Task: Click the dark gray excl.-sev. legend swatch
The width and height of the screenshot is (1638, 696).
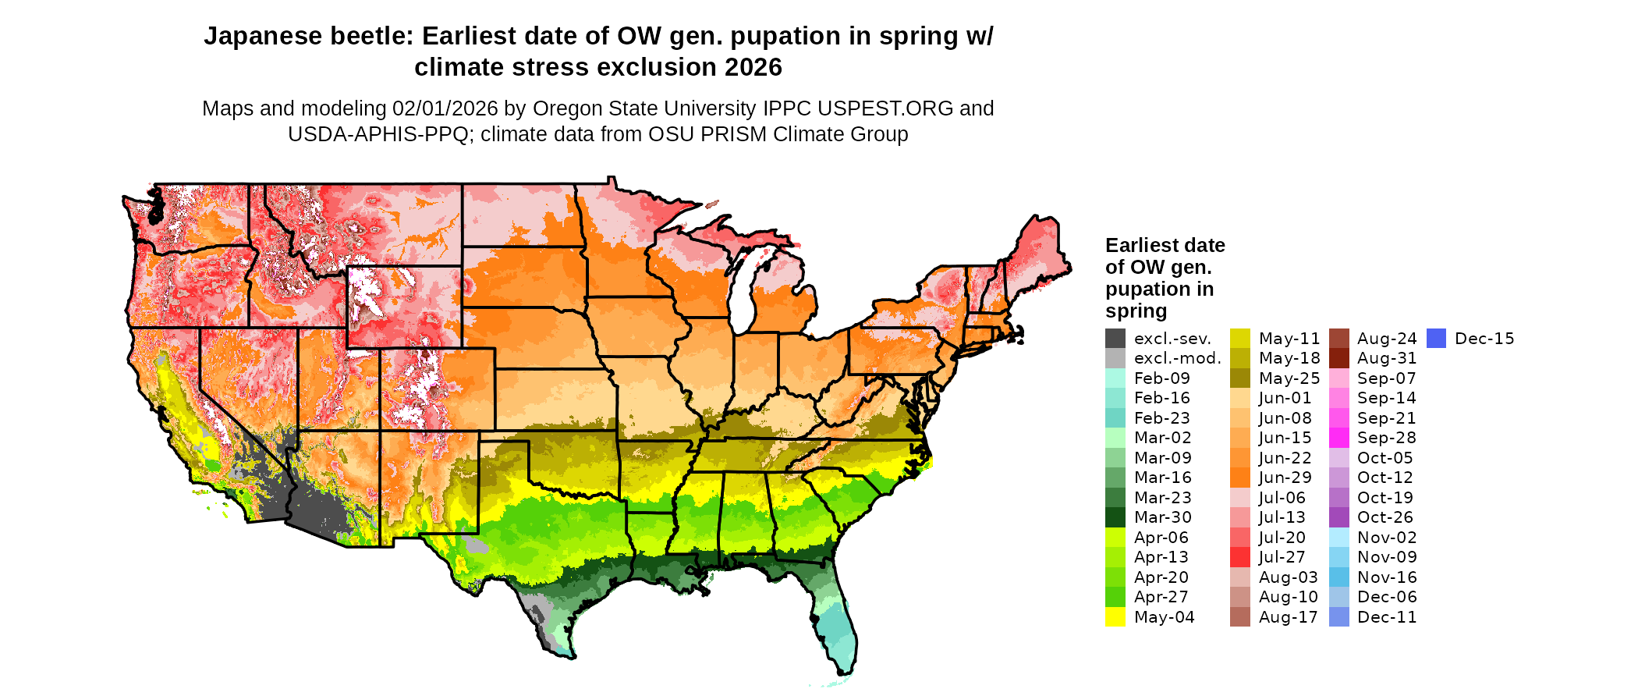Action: click(x=1115, y=339)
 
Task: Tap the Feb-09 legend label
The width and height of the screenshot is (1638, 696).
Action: click(x=1161, y=378)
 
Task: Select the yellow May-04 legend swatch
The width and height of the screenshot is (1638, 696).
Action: click(x=1115, y=617)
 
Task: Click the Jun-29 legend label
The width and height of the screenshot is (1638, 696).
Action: click(x=1285, y=478)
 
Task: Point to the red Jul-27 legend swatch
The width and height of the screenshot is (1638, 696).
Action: click(x=1240, y=557)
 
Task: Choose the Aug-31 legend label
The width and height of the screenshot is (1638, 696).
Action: click(x=1386, y=358)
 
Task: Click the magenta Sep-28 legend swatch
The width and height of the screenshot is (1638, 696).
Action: click(x=1338, y=438)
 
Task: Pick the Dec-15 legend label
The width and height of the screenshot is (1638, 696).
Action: click(x=1484, y=339)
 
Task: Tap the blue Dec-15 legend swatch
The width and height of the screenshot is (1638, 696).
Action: click(x=1436, y=339)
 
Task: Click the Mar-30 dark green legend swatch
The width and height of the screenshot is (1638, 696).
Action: click(x=1115, y=517)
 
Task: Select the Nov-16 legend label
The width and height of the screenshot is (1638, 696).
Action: click(x=1386, y=577)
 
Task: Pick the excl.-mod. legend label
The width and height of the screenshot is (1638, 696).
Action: click(x=1177, y=358)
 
